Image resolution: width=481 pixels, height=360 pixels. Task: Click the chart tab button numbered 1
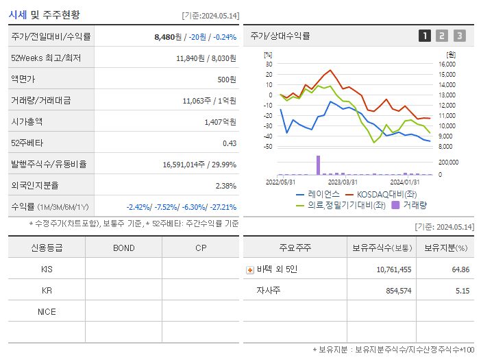425,36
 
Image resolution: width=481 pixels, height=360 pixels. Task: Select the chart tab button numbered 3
459,36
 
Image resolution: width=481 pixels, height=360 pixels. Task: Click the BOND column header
123,248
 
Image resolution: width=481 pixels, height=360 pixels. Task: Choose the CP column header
201,248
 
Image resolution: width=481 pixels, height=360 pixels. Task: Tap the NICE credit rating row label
47,311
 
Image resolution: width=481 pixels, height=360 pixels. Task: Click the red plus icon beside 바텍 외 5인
249,269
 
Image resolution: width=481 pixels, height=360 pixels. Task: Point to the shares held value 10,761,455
394,269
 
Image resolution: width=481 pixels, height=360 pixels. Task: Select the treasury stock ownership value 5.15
463,291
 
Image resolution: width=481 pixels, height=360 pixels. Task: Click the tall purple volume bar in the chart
318,165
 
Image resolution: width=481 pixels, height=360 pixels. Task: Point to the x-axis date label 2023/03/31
343,182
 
